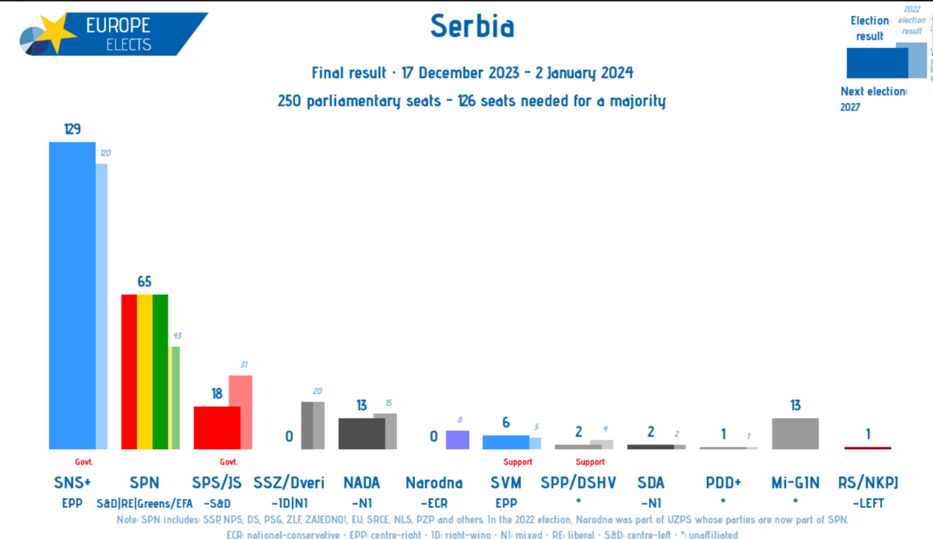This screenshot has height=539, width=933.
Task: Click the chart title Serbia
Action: [472, 26]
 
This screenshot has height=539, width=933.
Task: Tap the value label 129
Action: [72, 129]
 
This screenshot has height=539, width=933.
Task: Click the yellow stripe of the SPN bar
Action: [145, 371]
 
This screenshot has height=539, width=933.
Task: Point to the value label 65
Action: [144, 281]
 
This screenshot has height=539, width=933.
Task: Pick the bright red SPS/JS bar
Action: [217, 428]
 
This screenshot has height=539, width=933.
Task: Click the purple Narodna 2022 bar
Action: [457, 440]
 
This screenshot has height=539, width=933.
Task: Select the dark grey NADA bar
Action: [361, 433]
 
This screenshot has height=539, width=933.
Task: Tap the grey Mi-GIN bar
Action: [795, 433]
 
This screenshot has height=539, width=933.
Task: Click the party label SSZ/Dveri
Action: [289, 483]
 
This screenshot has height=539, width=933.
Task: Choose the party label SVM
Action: [506, 483]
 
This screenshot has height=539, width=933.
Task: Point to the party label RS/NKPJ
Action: [868, 483]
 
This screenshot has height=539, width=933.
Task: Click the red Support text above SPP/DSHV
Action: [590, 462]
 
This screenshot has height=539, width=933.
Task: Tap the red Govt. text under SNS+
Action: [83, 462]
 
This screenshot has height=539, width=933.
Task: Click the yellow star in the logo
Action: [57, 32]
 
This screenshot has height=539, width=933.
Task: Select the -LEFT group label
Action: [868, 503]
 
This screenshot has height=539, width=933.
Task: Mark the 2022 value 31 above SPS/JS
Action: [244, 364]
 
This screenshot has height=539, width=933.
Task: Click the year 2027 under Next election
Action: [850, 107]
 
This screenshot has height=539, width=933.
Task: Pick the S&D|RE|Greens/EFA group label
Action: [144, 503]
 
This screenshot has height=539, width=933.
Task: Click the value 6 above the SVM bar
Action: [506, 423]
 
